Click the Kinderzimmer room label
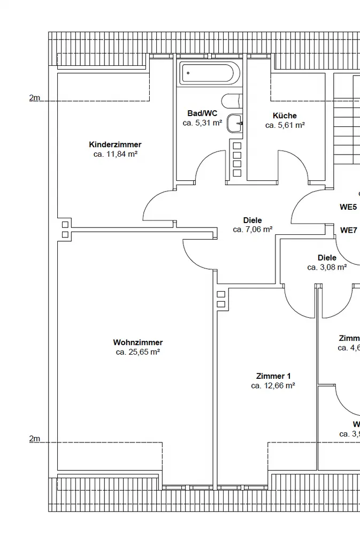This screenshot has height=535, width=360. tap(115, 144)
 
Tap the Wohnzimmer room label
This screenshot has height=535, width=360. tap(138, 342)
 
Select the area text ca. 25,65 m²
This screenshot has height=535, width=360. tap(138, 352)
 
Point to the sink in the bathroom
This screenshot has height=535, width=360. tap(235, 123)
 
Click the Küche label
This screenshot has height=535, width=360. tap(285, 116)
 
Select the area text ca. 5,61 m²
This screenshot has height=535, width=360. tap(285, 125)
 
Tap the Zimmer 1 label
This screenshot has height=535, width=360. tap(273, 376)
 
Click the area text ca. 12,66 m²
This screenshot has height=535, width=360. tap(273, 385)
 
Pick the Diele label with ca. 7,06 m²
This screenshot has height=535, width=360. tap(252, 220)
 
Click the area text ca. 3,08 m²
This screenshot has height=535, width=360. tap(327, 267)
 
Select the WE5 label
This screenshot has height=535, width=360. tap(348, 207)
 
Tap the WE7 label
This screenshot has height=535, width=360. tap(349, 231)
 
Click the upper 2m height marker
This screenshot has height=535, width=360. tap(35, 98)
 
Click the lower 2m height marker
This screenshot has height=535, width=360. tap(35, 439)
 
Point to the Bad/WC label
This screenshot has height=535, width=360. tap(202, 113)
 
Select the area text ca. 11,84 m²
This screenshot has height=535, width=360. tap(116, 154)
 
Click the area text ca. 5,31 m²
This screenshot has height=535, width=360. tap(202, 123)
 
